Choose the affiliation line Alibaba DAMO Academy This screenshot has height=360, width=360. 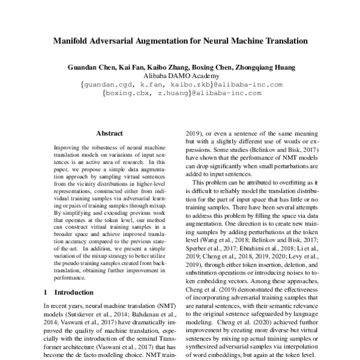tap(180, 76)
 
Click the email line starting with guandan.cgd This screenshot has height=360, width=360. tap(181, 85)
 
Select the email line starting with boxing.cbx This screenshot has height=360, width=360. tap(181, 93)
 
